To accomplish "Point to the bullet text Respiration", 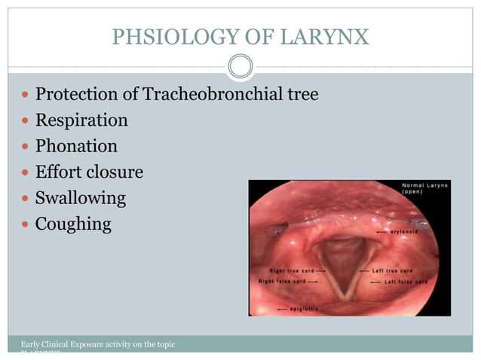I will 81,121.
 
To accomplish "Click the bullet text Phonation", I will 77,146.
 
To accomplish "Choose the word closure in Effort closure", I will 114,172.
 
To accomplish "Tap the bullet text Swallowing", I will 81,198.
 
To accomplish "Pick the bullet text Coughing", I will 73,224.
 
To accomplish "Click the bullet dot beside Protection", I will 26,96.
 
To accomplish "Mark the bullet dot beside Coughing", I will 26,224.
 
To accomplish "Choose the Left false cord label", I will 406,282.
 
